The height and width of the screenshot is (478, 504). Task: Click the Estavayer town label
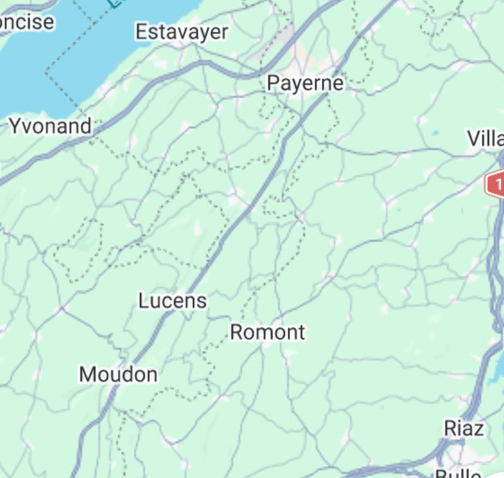182,32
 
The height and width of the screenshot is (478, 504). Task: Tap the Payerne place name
305,83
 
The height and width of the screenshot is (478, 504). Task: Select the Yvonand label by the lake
50,127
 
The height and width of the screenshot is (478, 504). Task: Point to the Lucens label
173,300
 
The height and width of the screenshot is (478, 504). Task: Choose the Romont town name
267,332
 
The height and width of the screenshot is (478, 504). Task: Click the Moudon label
119,375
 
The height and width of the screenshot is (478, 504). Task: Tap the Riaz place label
464,428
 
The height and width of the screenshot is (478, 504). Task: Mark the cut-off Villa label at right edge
485,139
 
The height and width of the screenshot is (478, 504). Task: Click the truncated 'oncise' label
27,22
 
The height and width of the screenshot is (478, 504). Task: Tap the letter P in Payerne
273,83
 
